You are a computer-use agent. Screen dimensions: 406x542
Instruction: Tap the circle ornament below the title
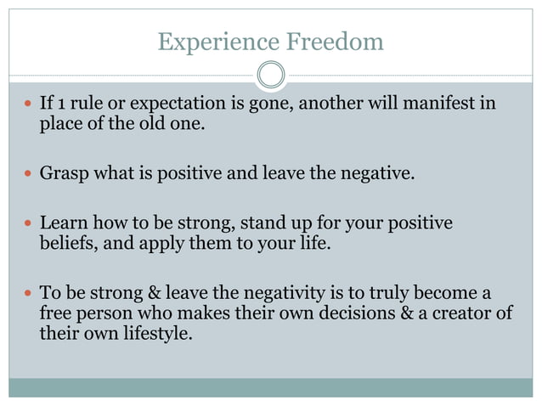click(x=271, y=76)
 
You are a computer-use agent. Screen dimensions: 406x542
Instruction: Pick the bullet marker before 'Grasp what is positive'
click(x=28, y=176)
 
